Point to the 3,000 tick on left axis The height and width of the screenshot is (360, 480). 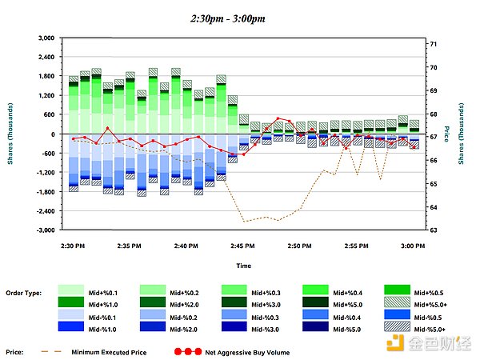(45, 38)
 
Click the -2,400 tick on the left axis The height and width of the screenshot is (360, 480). (43, 211)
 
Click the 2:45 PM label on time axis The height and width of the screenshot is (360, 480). (243, 246)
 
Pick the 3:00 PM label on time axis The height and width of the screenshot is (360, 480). (413, 246)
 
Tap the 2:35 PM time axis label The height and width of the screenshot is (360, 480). (130, 246)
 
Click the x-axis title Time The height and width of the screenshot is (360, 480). (243, 265)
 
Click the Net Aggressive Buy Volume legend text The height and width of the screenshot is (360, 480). (248, 351)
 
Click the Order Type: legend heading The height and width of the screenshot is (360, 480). (23, 292)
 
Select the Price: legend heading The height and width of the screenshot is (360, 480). (14, 351)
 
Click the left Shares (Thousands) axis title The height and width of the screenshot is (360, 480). (10, 134)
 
